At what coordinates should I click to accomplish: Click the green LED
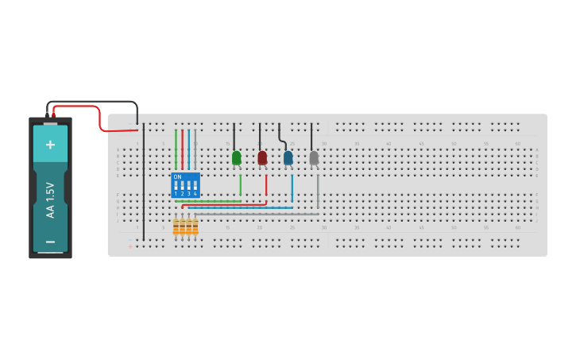[236, 158]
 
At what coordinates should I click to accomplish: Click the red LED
[262, 158]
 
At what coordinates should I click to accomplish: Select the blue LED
[288, 158]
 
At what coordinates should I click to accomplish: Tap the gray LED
[314, 158]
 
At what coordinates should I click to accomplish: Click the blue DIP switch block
[185, 185]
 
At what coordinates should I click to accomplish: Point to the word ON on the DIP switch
[176, 176]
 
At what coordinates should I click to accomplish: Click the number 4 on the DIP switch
[195, 194]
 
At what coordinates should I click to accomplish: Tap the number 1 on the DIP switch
[176, 194]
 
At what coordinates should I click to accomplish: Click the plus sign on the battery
[50, 145]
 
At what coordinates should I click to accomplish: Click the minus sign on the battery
[50, 242]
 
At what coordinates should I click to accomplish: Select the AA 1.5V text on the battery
[50, 199]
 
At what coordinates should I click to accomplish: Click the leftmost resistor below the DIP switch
[176, 228]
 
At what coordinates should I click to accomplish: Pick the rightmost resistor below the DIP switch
[195, 228]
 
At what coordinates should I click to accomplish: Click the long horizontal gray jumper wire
[254, 214]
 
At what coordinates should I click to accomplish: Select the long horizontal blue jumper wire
[238, 207]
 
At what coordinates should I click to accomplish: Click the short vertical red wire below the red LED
[266, 184]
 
